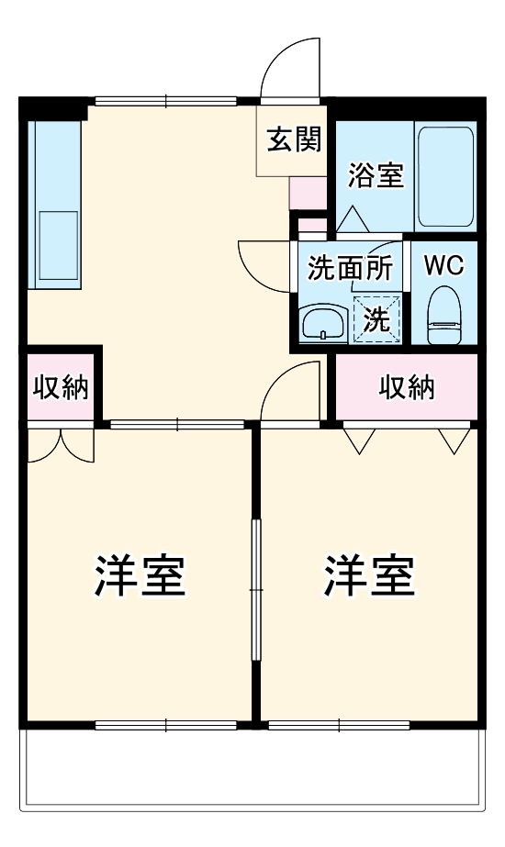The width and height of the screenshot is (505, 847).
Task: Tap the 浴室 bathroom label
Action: pyautogui.click(x=376, y=174)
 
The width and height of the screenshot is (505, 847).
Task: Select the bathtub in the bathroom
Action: pyautogui.click(x=445, y=176)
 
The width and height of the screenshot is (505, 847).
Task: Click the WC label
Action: pyautogui.click(x=443, y=265)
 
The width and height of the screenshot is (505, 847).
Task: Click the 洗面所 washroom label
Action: pyautogui.click(x=350, y=269)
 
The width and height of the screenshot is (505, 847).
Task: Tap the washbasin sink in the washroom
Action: pyautogui.click(x=322, y=322)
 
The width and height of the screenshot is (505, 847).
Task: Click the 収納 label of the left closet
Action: pyautogui.click(x=61, y=387)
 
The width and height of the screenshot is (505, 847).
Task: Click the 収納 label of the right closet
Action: pyautogui.click(x=407, y=388)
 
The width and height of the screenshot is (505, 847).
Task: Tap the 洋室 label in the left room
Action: pyautogui.click(x=140, y=575)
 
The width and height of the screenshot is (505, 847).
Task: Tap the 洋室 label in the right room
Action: pyautogui.click(x=368, y=575)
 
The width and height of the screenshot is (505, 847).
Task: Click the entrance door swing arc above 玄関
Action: pyautogui.click(x=291, y=69)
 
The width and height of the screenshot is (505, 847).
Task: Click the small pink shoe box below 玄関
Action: pyautogui.click(x=307, y=193)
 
